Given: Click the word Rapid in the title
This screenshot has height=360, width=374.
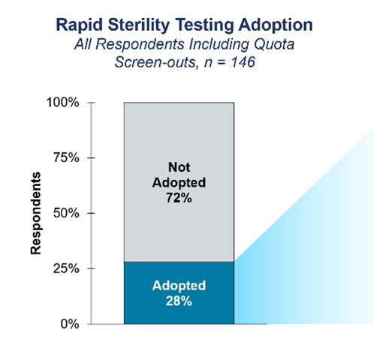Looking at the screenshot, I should point(78,25).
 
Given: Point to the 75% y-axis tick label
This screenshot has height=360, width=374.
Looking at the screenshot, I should point(67,158).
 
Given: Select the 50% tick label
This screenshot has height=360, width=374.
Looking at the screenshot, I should point(67,214).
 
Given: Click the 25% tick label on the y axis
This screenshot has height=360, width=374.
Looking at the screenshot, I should point(67,268).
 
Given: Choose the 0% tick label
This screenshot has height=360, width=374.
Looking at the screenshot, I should point(70,324).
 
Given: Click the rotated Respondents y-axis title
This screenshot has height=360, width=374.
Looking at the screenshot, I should point(36,213).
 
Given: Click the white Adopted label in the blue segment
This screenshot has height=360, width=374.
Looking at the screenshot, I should point(179,286).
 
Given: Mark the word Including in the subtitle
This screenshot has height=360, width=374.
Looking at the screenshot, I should point(219,44).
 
